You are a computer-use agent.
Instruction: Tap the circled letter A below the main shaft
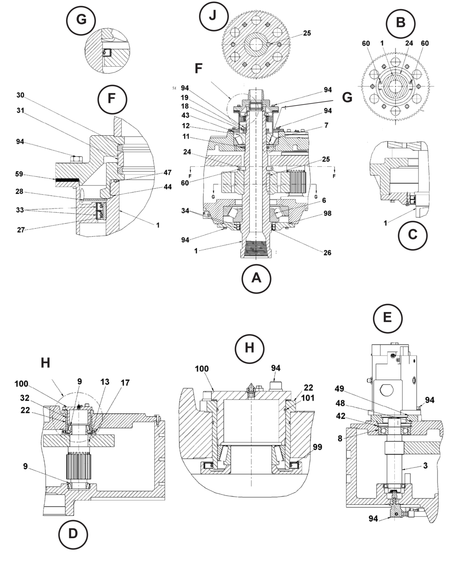pyautogui.click(x=257, y=278)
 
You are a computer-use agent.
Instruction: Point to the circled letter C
pyautogui.click(x=412, y=234)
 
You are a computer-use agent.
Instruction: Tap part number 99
pyautogui.click(x=318, y=447)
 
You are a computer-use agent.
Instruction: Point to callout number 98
pyautogui.click(x=327, y=214)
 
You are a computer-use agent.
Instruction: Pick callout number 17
pyautogui.click(x=125, y=383)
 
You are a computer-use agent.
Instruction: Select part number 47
pyautogui.click(x=167, y=173)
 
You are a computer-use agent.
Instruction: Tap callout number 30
pyautogui.click(x=21, y=95)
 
